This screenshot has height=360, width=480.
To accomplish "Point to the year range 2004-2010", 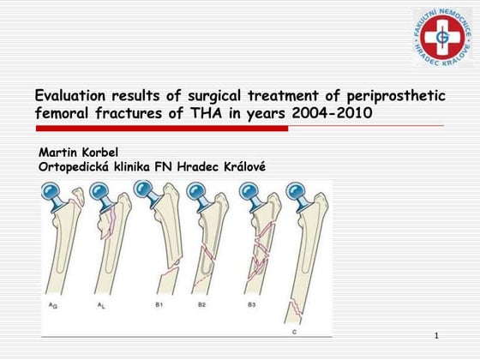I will click(331, 113).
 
